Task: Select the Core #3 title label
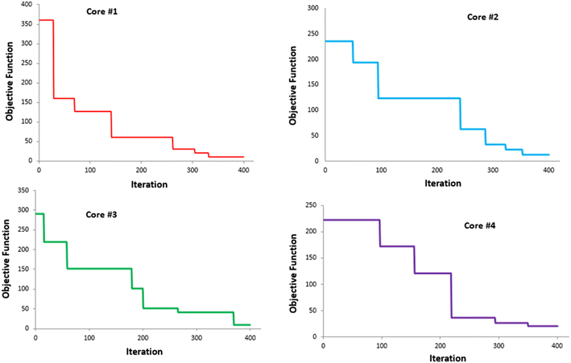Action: pyautogui.click(x=102, y=215)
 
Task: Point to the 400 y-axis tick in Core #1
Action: pyautogui.click(x=28, y=5)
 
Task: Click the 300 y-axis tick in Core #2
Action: pyautogui.click(x=312, y=9)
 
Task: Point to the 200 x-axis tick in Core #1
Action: pyautogui.click(x=142, y=170)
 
